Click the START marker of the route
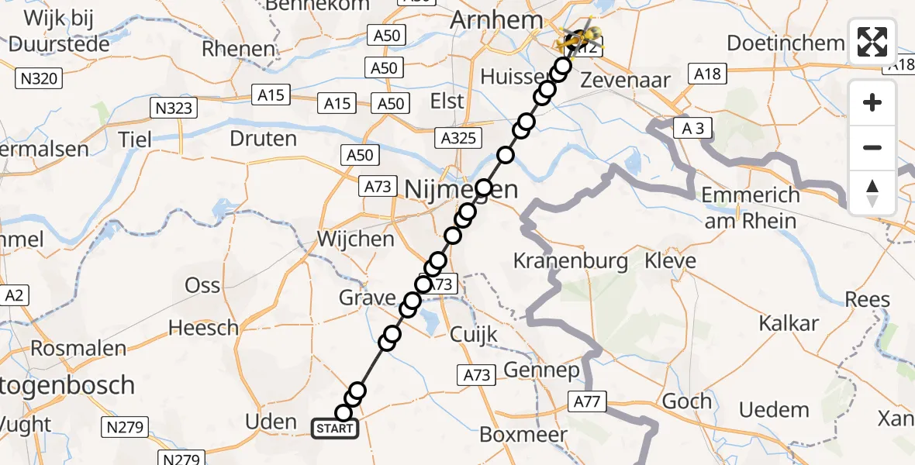[335, 428]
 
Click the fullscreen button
[873, 43]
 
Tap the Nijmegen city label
[461, 188]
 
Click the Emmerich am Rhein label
[749, 208]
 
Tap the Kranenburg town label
[571, 261]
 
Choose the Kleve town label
[671, 261]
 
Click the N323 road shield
[173, 108]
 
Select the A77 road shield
[589, 401]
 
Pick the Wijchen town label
[356, 239]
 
